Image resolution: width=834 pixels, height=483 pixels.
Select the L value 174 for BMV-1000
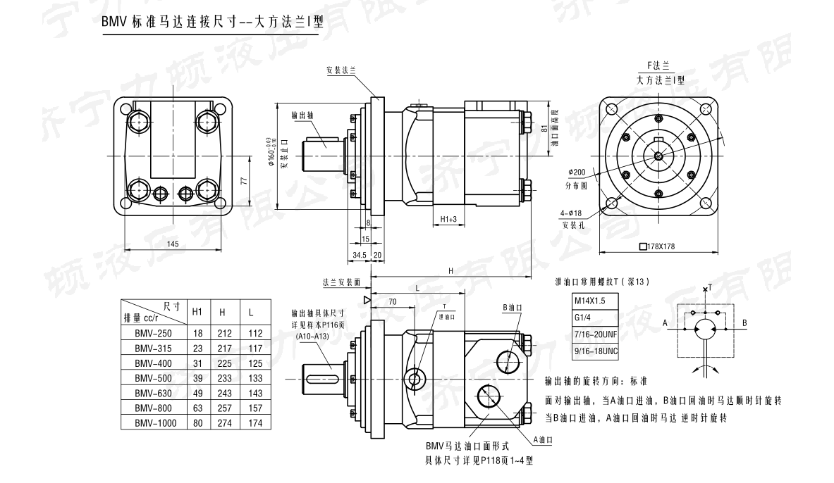pyautogui.click(x=255, y=422)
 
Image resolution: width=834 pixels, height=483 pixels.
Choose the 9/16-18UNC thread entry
pyautogui.click(x=596, y=349)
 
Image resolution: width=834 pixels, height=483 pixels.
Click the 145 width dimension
pyautogui.click(x=173, y=244)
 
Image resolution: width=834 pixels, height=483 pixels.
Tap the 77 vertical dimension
pyautogui.click(x=243, y=181)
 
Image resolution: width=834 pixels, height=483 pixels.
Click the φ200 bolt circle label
pyautogui.click(x=577, y=172)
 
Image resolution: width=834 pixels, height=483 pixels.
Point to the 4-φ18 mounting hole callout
pyautogui.click(x=572, y=213)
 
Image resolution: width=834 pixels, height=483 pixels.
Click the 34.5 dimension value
pyautogui.click(x=358, y=255)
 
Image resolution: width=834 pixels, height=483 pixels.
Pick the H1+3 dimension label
pyautogui.click(x=449, y=220)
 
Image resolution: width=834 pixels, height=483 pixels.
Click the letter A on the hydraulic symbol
pyautogui.click(x=665, y=323)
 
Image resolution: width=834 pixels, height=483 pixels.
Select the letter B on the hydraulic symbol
pyautogui.click(x=744, y=323)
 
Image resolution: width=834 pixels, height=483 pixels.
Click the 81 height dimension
pyautogui.click(x=544, y=129)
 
